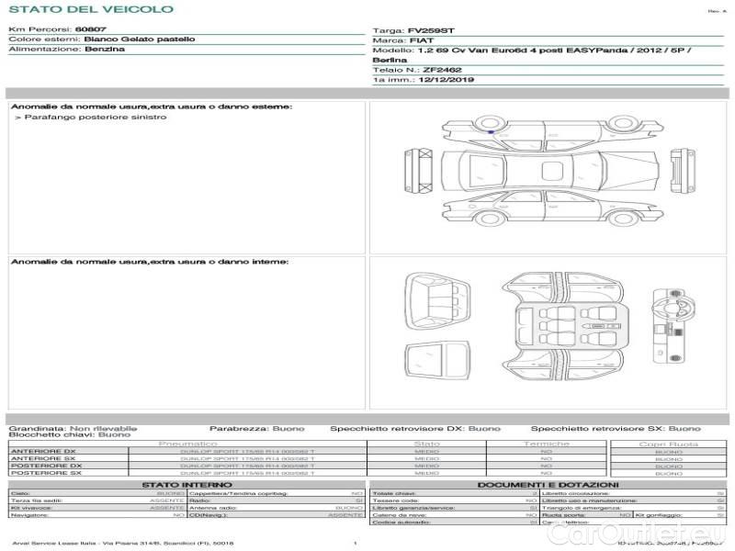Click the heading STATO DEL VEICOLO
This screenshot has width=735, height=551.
(90, 9)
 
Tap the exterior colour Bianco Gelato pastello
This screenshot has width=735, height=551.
(139, 39)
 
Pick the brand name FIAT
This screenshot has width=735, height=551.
(422, 41)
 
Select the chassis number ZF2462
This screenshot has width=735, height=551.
(442, 70)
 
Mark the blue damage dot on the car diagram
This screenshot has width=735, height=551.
(491, 133)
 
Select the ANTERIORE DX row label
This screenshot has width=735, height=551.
(44, 451)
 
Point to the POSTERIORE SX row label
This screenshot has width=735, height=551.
(46, 473)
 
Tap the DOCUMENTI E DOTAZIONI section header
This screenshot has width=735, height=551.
(548, 484)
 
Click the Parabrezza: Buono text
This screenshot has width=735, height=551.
(243, 428)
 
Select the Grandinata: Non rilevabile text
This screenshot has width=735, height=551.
(73, 428)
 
